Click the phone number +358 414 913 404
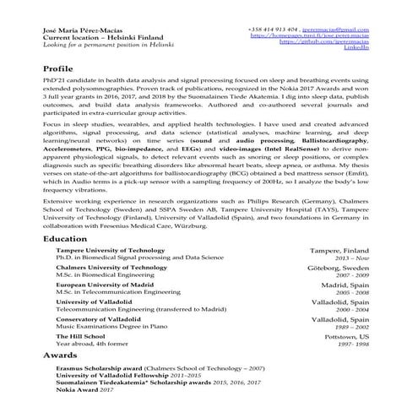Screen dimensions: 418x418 (x=276, y=30)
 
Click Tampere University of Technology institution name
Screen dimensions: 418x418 (x=111, y=251)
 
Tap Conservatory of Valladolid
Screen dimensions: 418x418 (x=98, y=319)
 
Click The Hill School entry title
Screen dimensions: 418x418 (x=81, y=336)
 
